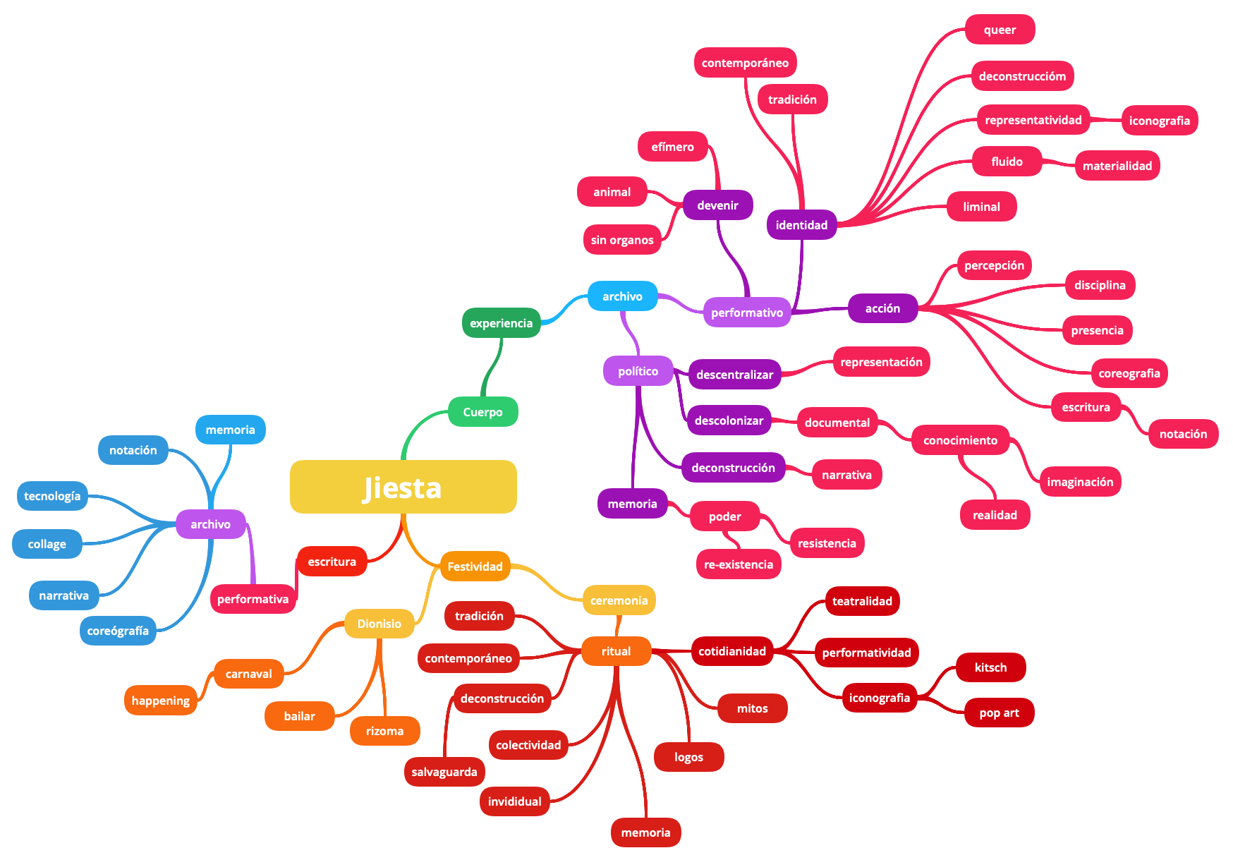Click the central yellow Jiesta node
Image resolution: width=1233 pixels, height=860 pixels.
(x=403, y=487)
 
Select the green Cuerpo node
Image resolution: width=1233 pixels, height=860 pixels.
(x=482, y=412)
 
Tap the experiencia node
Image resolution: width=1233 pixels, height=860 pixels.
(x=501, y=323)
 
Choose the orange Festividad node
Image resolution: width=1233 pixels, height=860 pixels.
(x=475, y=567)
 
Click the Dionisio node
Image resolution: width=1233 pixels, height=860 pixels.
(x=379, y=624)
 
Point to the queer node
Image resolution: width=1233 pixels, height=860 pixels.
(x=1000, y=30)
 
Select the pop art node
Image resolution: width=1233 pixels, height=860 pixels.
(x=999, y=713)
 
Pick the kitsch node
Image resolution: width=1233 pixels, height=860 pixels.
(x=990, y=667)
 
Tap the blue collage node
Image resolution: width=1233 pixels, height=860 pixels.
(x=47, y=544)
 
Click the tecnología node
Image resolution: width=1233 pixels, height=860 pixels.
(x=52, y=496)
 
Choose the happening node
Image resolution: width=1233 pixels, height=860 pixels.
(x=160, y=701)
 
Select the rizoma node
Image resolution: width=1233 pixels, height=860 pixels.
(x=384, y=731)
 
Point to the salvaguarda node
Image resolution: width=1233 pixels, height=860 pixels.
(x=444, y=772)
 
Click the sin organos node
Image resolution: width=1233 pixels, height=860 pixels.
(x=622, y=240)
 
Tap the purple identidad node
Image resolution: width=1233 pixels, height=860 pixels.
(x=801, y=225)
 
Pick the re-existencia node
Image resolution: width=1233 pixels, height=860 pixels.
(x=738, y=564)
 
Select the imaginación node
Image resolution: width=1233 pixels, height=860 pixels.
(x=1079, y=482)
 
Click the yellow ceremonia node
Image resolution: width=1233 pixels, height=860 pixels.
(x=619, y=600)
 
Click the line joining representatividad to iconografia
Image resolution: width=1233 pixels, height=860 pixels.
(x=1105, y=120)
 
